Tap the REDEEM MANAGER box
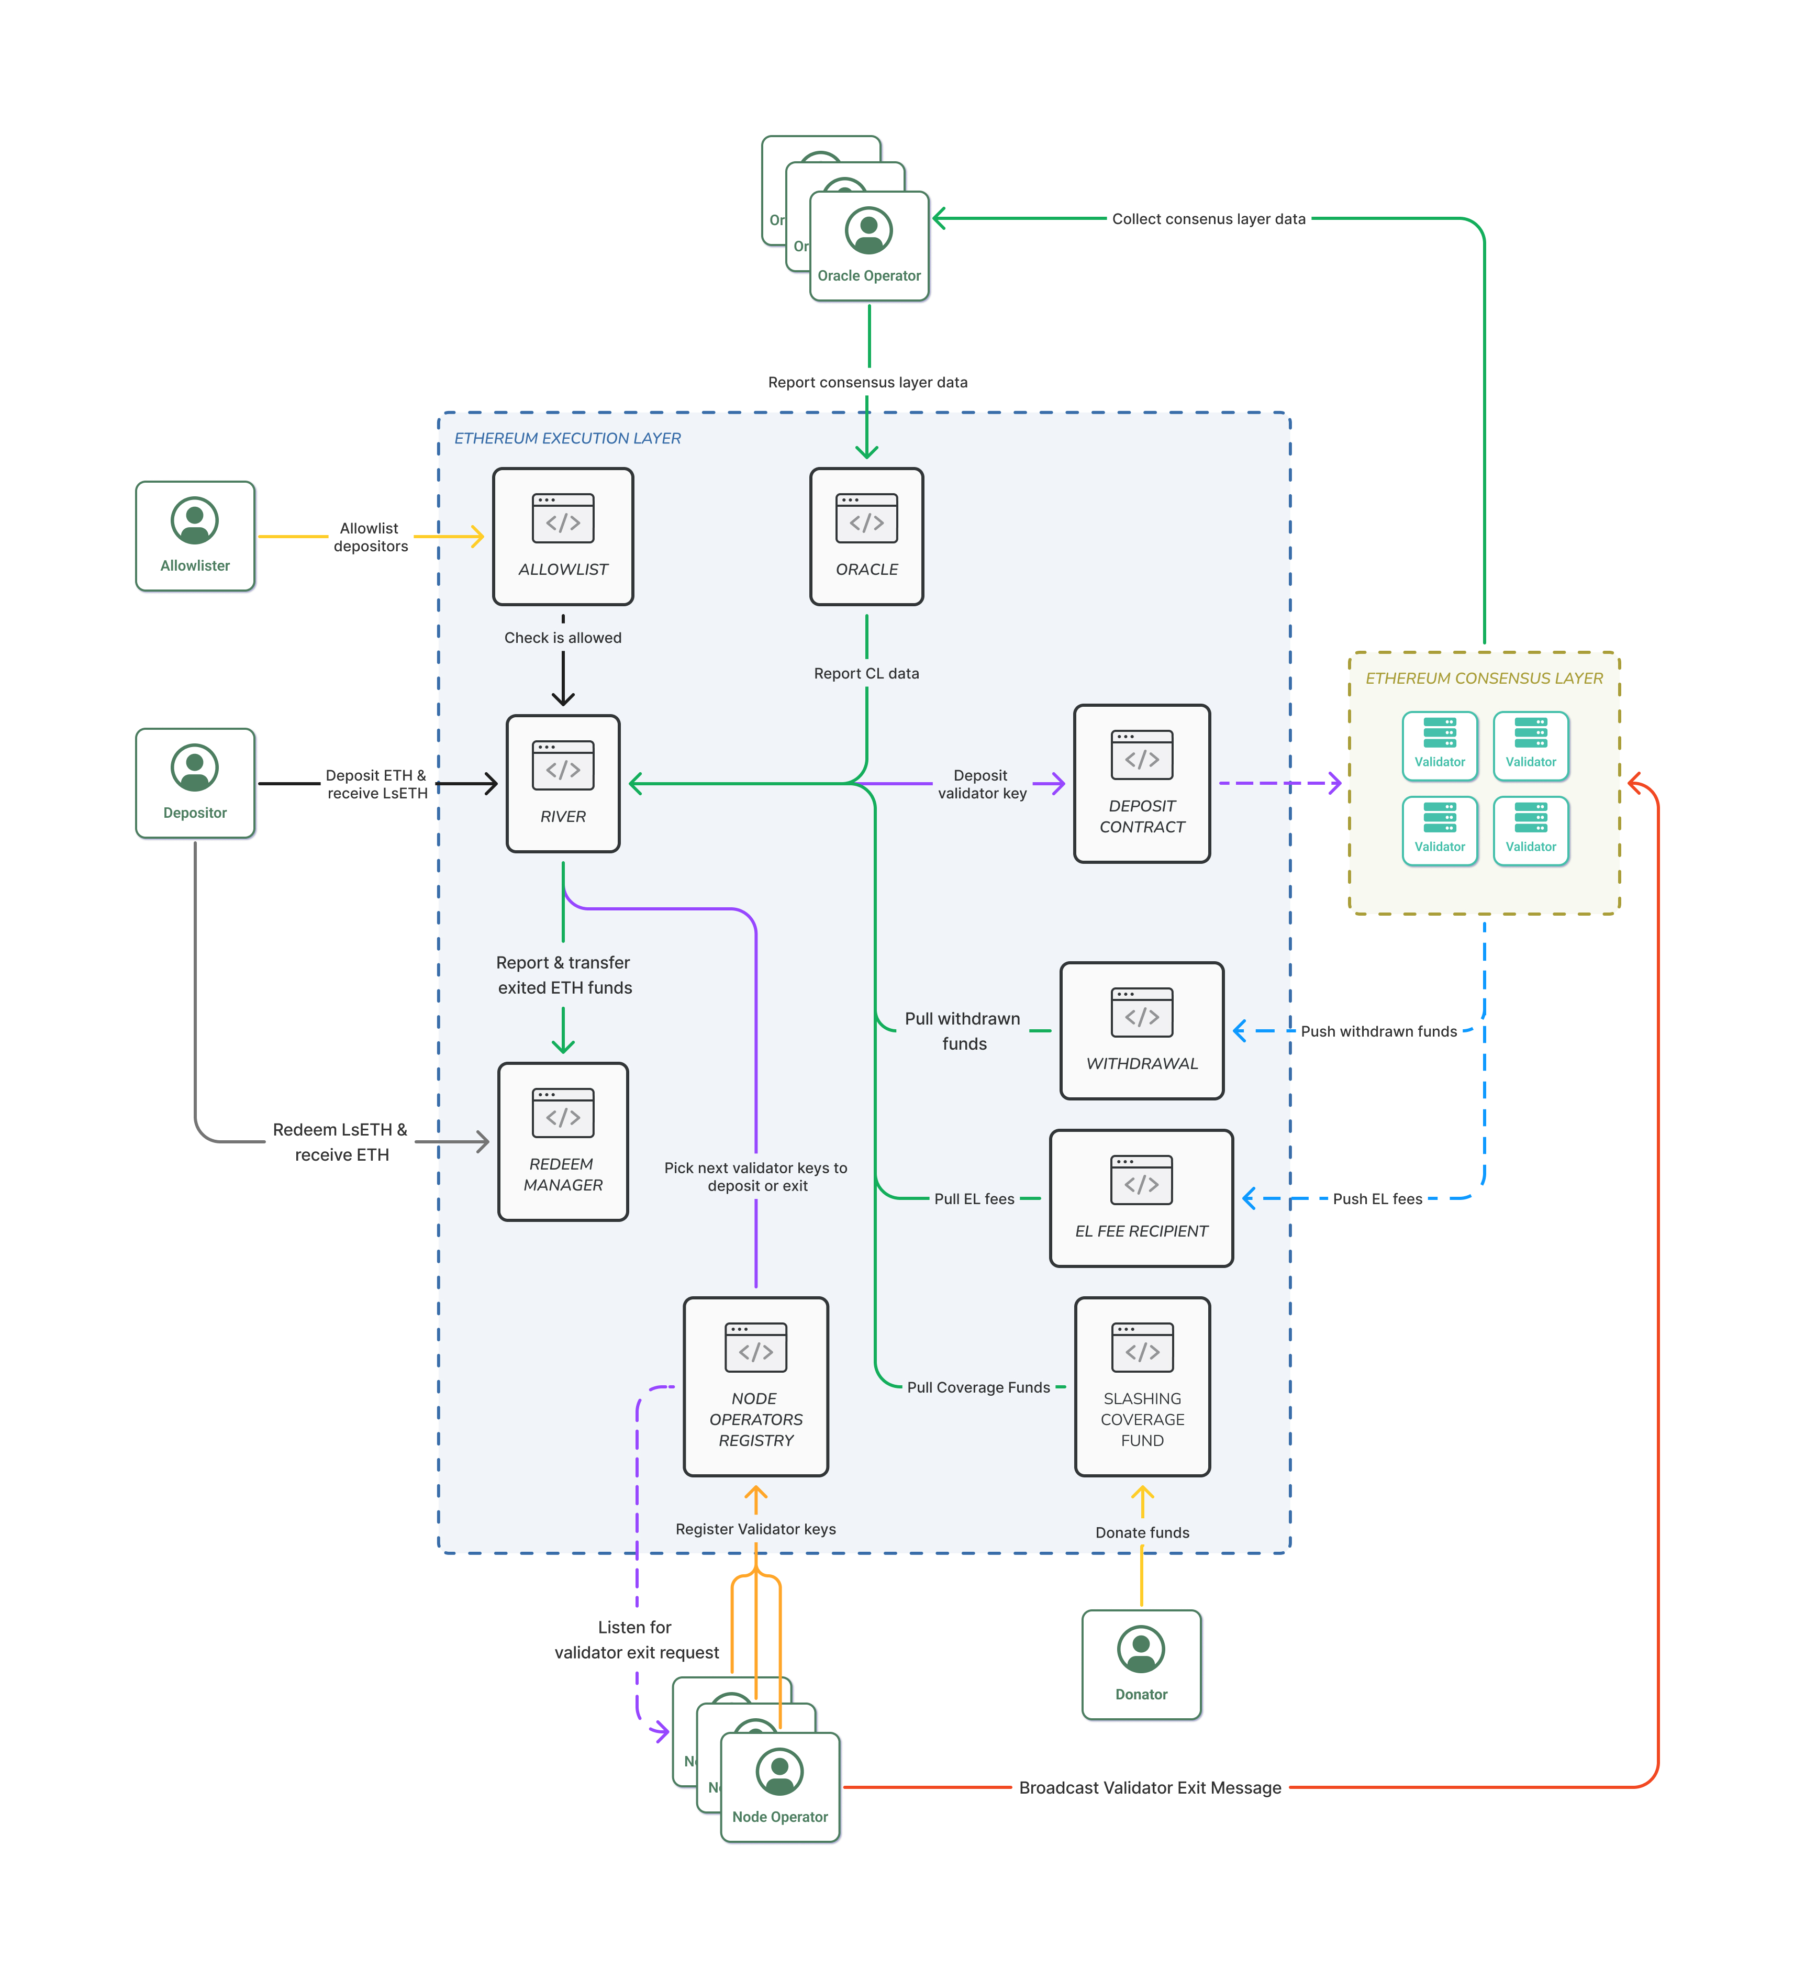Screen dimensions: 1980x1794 [x=563, y=1141]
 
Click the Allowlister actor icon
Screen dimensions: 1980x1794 [x=194, y=520]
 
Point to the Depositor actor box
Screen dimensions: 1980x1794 [x=194, y=783]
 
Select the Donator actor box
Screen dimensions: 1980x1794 [x=1141, y=1664]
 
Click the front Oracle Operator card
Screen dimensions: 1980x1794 [x=869, y=246]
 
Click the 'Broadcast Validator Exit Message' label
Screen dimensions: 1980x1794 [x=1150, y=1787]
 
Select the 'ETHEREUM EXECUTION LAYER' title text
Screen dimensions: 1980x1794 [x=566, y=438]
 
